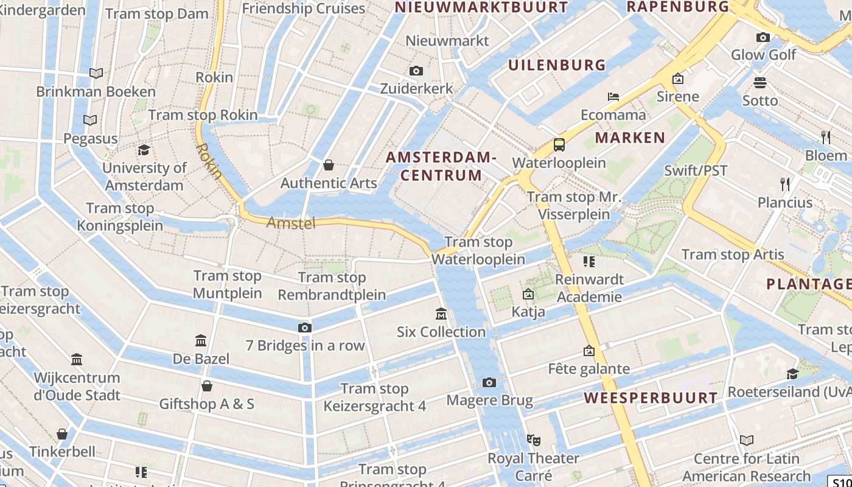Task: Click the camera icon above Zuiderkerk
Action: click(416, 71)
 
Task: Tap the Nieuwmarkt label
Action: click(447, 41)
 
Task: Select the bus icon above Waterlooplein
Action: click(559, 145)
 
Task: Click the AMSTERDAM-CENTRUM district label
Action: click(441, 166)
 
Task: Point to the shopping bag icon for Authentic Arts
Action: click(329, 165)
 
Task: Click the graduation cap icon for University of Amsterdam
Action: click(144, 150)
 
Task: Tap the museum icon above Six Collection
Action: click(441, 314)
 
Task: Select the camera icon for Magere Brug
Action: click(489, 382)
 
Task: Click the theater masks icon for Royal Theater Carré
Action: click(534, 440)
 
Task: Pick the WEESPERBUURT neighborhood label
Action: click(651, 398)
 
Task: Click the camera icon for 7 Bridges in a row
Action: click(305, 328)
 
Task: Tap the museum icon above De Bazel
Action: click(201, 340)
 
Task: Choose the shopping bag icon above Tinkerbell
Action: click(62, 434)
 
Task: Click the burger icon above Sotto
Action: click(759, 83)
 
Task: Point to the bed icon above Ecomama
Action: click(613, 97)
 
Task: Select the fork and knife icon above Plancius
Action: click(785, 184)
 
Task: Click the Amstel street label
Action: click(291, 223)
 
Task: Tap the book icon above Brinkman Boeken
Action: click(96, 74)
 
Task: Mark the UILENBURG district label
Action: click(557, 65)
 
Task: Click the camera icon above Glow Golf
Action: click(763, 37)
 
